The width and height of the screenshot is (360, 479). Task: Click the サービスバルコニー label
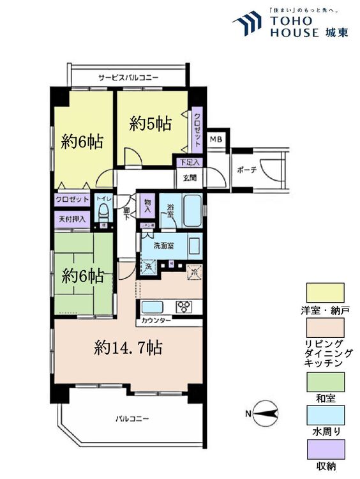(128, 78)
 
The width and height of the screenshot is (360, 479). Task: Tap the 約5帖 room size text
(151, 124)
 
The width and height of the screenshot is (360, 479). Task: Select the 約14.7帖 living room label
(128, 347)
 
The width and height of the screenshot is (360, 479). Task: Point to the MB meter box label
(216, 139)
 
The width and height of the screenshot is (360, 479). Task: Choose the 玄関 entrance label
(190, 178)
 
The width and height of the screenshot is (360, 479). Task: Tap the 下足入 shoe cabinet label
(190, 163)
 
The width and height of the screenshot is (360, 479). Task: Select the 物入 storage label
(147, 204)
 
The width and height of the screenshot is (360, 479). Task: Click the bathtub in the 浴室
(191, 211)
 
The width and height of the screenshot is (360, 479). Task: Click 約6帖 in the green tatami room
(83, 276)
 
